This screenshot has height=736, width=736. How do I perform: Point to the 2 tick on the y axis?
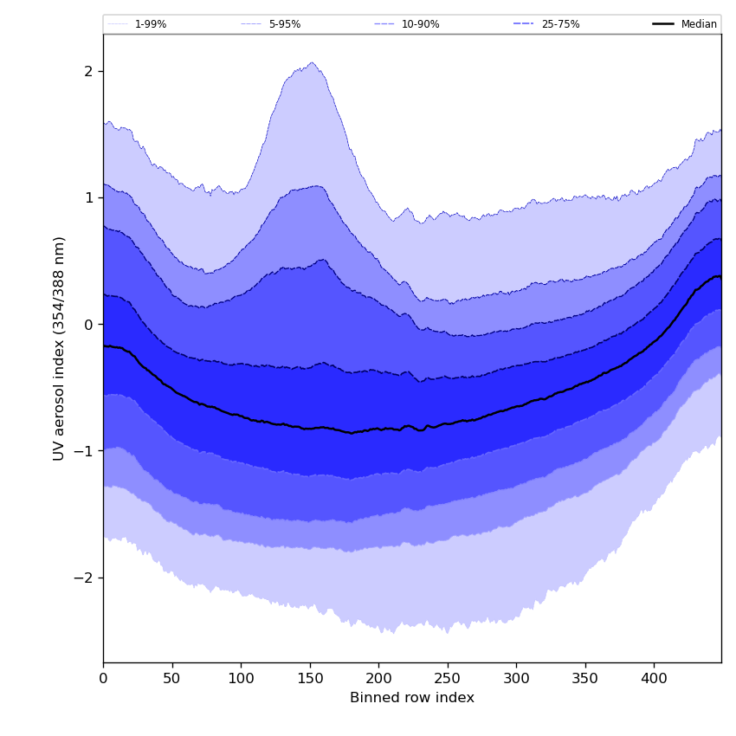click(x=88, y=71)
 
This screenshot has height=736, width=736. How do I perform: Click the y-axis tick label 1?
click(x=88, y=197)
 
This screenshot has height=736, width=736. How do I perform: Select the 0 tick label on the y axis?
click(x=88, y=325)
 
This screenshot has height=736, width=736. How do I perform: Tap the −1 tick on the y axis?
click(x=85, y=451)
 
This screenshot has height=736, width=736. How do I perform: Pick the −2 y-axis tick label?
click(x=85, y=578)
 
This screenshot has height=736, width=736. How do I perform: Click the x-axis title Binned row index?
click(x=412, y=698)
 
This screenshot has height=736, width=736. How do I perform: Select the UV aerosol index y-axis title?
click(x=60, y=348)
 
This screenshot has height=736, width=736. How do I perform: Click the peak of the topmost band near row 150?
click(x=312, y=62)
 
